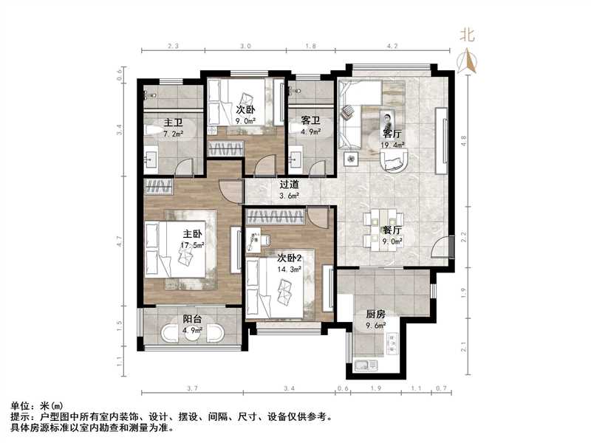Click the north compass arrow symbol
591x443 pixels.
(x=467, y=61)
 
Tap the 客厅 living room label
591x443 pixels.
(x=392, y=134)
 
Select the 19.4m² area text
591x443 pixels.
(x=393, y=145)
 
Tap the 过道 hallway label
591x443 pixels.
(x=289, y=185)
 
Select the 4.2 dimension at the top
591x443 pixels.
(x=392, y=46)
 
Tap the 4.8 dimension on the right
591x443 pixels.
(x=463, y=137)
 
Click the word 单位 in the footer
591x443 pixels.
(x=19, y=406)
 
